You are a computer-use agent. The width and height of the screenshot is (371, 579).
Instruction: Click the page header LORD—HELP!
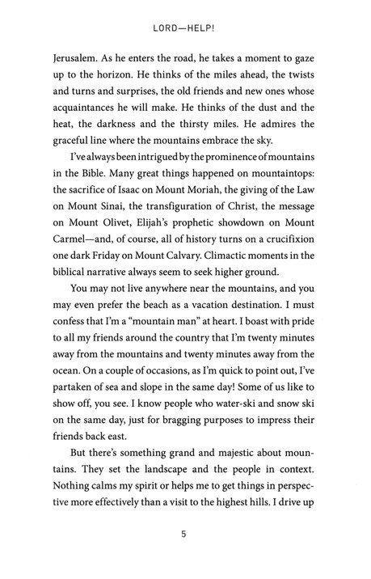186,27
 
